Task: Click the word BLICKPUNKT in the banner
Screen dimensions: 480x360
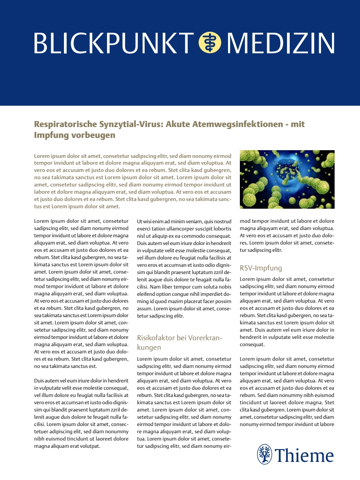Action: pos(113,43)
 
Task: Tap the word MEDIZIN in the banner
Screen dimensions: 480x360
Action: pos(280,43)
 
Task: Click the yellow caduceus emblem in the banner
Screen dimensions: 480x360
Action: pos(210,43)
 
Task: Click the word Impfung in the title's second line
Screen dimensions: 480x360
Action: pos(49,135)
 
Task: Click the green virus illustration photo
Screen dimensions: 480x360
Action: pos(287,179)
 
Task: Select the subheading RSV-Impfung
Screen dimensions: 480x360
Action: pos(261,268)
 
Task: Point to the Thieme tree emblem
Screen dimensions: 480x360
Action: pos(264,454)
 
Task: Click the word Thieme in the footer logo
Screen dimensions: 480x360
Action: pos(304,455)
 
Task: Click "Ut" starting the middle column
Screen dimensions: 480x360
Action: pos(140,221)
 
